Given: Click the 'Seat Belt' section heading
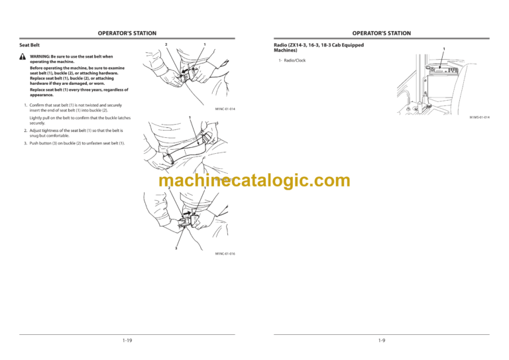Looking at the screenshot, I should coord(30,45).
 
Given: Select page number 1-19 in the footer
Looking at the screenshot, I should coord(127,340).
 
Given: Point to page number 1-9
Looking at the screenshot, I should coord(381,340).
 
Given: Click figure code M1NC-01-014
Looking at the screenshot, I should coord(225,109).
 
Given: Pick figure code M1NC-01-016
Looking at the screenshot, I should coord(225,254).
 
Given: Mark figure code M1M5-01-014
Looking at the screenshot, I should coord(479,117).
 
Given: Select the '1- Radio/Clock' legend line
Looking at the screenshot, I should coord(292,61).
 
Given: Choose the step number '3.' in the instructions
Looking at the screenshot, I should coord(25,143).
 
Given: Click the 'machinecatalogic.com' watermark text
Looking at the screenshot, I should coord(254,180).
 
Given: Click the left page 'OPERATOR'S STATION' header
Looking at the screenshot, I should coord(127,33).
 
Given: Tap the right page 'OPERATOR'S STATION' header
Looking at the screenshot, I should coord(381,33).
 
